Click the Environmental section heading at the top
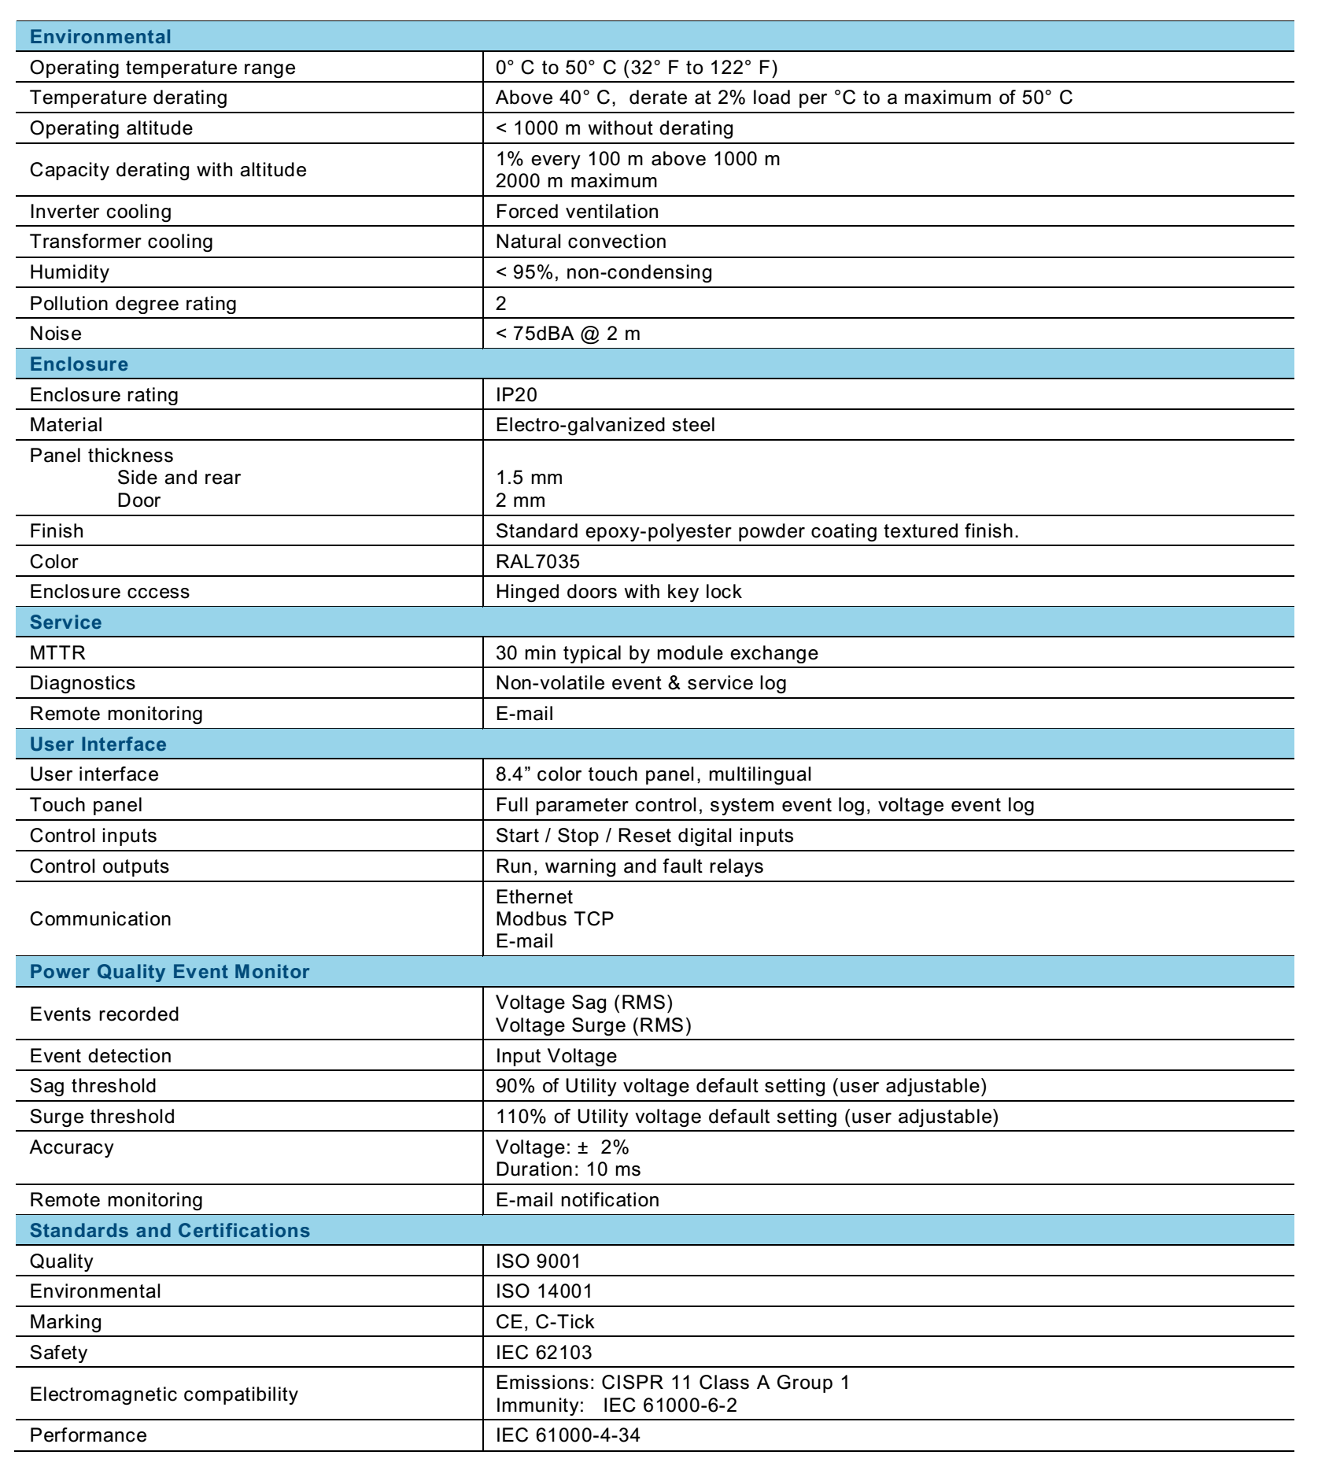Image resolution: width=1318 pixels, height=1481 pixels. tap(100, 37)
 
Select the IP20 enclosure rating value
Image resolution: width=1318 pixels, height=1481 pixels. tap(516, 394)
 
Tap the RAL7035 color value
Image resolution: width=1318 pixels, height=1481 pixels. tap(537, 561)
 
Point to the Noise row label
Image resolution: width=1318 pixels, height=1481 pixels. tap(56, 334)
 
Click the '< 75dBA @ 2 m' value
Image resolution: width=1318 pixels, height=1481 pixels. tap(568, 334)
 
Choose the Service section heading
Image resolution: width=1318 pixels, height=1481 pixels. tap(66, 622)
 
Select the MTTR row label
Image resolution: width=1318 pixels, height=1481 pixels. tap(57, 653)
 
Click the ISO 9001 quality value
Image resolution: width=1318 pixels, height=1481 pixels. tap(538, 1261)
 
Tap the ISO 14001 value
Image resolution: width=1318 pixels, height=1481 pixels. tap(544, 1291)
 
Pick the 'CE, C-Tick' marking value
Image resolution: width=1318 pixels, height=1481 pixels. tap(545, 1322)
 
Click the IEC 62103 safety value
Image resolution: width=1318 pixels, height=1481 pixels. tap(544, 1353)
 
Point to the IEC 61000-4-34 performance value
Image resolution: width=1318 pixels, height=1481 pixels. tap(568, 1435)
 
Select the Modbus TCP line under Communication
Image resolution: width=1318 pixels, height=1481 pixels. tap(555, 919)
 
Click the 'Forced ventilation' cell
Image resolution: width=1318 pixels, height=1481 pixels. tap(578, 212)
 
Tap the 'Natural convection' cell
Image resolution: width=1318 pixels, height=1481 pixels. tap(581, 242)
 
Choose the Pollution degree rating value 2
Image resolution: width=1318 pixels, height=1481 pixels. tap(501, 304)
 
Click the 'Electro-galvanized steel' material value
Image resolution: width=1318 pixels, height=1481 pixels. tap(605, 425)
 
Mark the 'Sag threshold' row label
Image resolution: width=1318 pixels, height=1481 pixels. tap(93, 1086)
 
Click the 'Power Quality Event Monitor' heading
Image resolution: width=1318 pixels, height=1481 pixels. tap(170, 972)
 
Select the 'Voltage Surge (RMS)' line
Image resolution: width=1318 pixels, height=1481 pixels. tap(593, 1025)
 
